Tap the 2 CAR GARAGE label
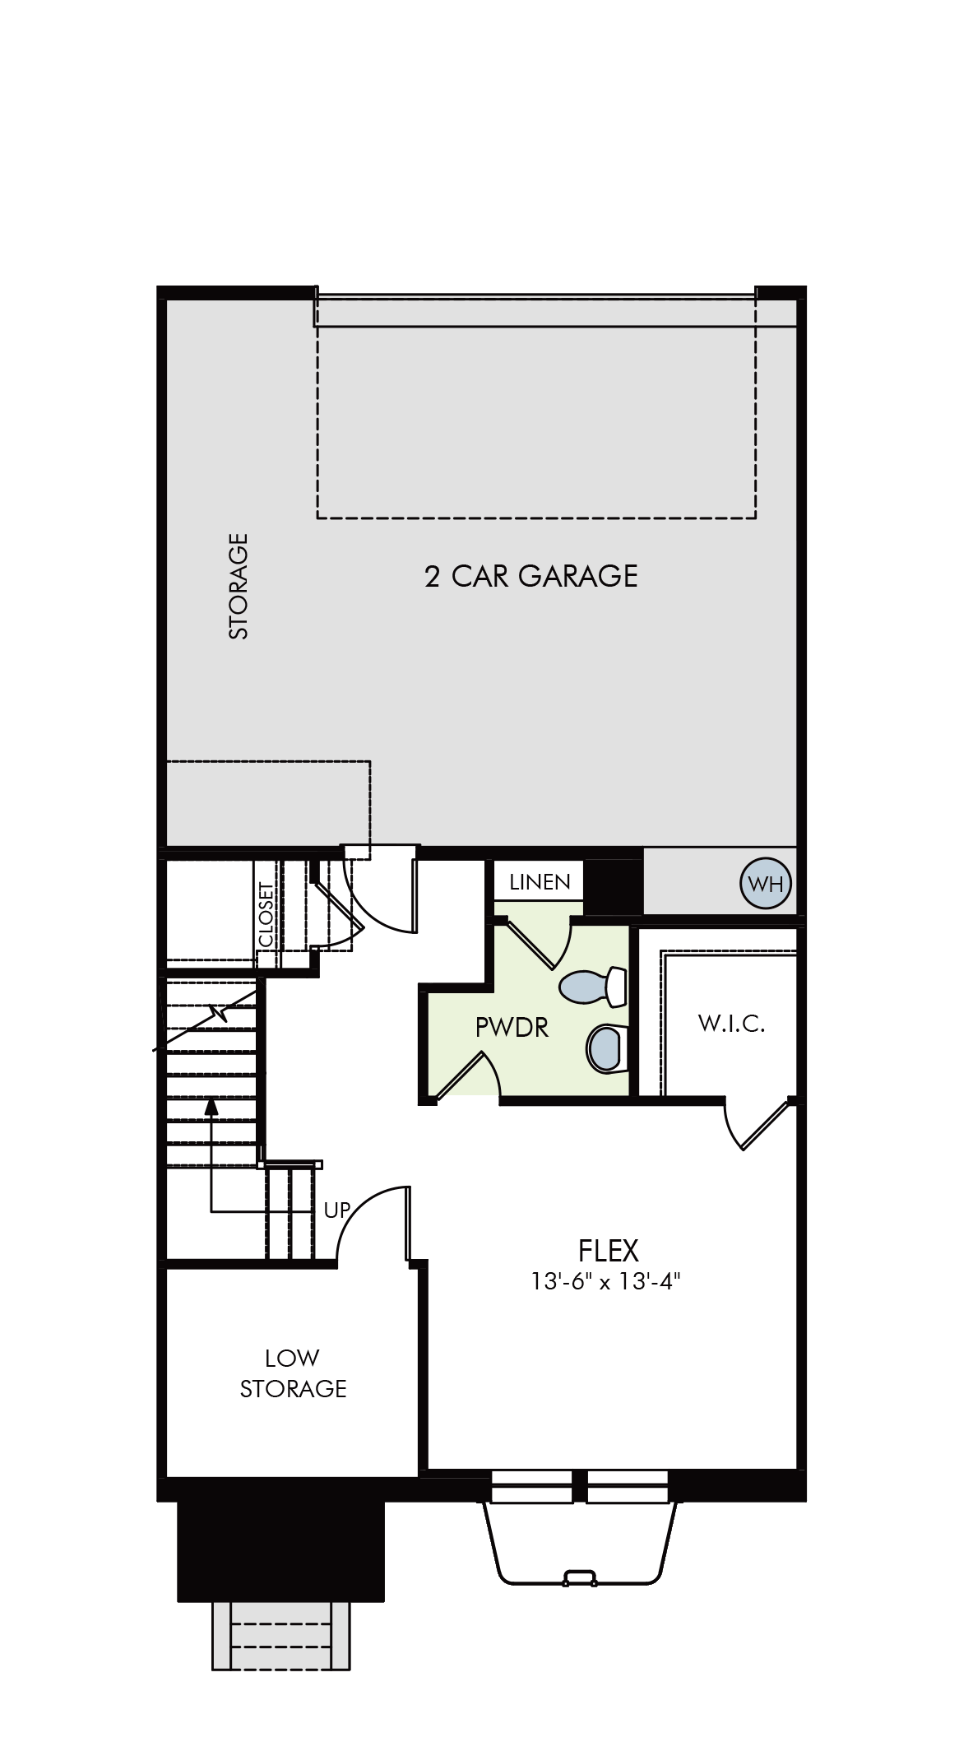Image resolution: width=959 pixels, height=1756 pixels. [x=531, y=576]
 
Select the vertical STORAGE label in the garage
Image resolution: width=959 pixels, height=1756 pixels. [x=239, y=585]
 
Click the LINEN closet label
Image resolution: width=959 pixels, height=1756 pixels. [x=540, y=882]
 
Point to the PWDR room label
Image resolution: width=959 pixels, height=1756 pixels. [x=512, y=1027]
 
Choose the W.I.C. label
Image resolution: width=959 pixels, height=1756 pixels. [x=731, y=1024]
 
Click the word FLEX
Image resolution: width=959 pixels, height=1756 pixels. [x=609, y=1251]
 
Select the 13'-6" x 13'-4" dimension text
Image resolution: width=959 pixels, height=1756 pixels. [x=606, y=1282]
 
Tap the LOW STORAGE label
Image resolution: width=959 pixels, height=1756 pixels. [x=293, y=1373]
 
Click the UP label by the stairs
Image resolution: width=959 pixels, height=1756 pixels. [x=337, y=1210]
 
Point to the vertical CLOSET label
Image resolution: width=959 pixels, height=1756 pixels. [x=266, y=914]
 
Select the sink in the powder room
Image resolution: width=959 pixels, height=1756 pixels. [x=607, y=1048]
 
